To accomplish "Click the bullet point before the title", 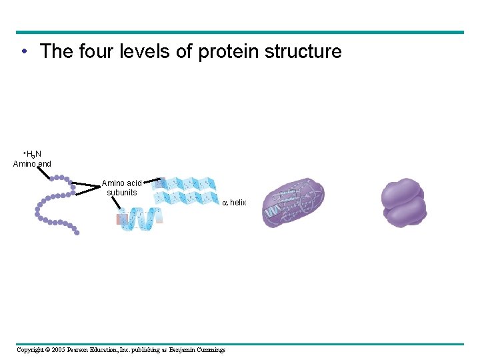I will tap(23, 52).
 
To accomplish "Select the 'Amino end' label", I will tap(32, 163).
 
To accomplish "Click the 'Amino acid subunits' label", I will tap(121, 188).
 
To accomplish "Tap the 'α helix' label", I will tap(234, 203).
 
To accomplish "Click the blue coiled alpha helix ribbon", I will tap(141, 218).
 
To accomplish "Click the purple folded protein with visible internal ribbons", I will tap(293, 203).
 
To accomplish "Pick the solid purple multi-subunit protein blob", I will tap(403, 202).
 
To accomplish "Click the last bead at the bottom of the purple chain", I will tap(77, 233).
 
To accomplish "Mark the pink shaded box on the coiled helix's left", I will tap(121, 219).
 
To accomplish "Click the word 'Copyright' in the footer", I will tap(30, 350).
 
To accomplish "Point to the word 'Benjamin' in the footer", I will tap(182, 350).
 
